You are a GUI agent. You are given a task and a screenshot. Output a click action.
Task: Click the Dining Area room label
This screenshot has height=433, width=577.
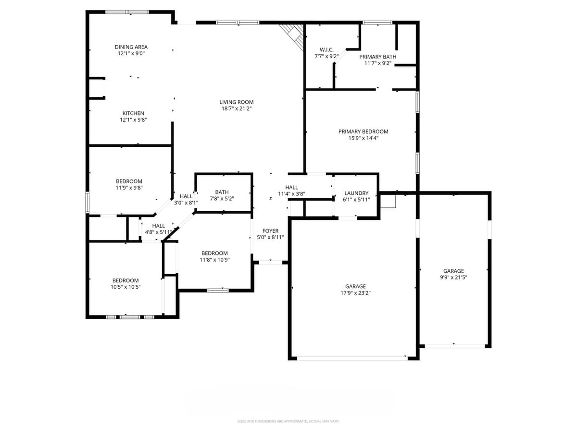(131, 47)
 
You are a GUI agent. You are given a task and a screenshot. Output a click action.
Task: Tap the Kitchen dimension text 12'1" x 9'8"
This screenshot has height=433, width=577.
(133, 120)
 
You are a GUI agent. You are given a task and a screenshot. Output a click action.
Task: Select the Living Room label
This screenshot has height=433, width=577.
(236, 102)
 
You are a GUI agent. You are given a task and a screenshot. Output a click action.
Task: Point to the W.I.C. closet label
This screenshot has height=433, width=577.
(326, 50)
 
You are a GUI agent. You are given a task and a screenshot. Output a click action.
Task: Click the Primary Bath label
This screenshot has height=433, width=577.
(377, 57)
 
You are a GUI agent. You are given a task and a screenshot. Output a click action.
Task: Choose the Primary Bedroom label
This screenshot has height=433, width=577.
(363, 131)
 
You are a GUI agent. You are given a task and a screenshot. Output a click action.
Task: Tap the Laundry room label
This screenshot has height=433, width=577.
(356, 193)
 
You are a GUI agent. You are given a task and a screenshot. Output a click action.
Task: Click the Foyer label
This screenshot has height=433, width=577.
(270, 231)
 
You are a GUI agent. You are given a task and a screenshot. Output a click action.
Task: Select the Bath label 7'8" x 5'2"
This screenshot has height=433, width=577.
(222, 198)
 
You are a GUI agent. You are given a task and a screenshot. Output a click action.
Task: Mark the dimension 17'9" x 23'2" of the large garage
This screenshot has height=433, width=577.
(355, 293)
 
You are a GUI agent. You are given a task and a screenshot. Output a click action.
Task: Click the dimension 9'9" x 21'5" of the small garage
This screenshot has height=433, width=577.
(453, 277)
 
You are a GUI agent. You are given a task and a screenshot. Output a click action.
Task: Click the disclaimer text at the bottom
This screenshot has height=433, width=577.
(288, 421)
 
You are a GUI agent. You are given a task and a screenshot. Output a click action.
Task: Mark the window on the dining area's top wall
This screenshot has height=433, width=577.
(127, 12)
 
